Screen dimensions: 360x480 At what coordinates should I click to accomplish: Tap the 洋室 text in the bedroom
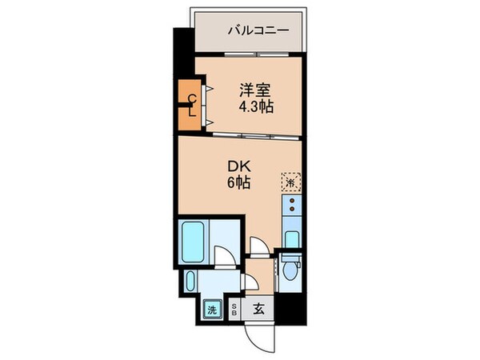coord(255,90)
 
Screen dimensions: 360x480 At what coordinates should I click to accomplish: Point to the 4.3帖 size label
coord(255,106)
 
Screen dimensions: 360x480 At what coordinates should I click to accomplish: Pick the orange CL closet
coord(192,106)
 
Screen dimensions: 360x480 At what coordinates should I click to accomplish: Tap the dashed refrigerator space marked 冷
coord(290,182)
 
